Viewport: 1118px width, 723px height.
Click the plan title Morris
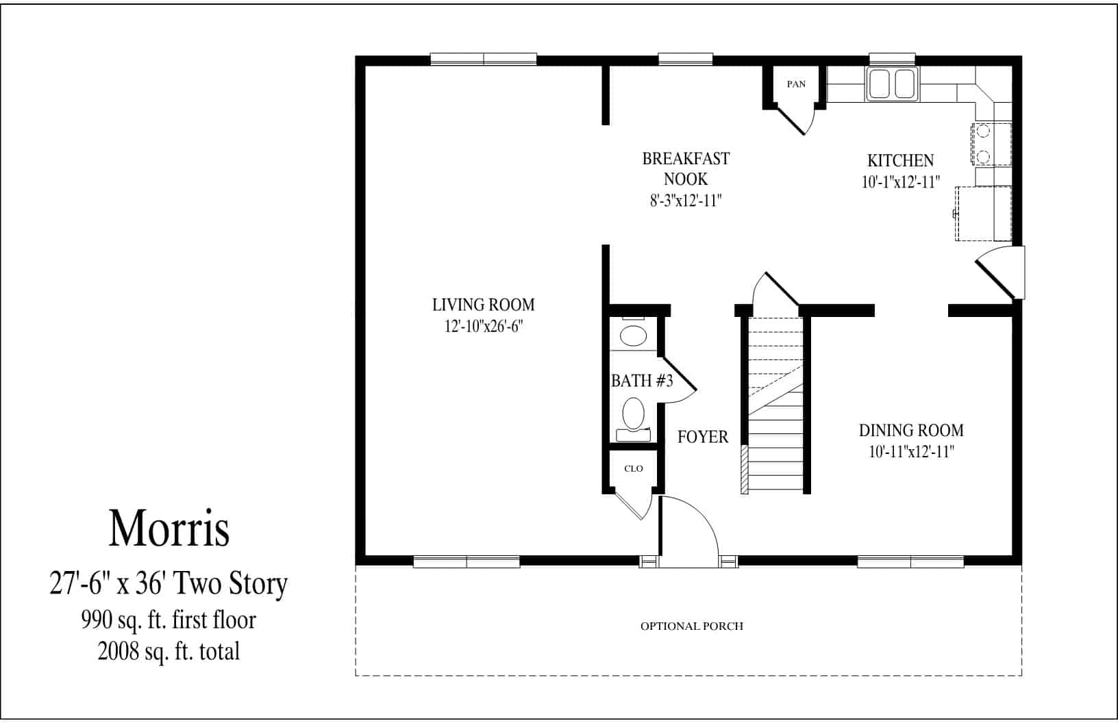click(169, 529)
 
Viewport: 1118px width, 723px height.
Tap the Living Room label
click(483, 305)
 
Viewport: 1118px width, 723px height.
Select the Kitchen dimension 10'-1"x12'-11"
click(900, 182)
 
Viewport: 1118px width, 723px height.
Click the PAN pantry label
click(796, 84)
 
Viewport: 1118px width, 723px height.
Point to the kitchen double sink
click(892, 84)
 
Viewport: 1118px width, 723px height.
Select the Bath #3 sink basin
click(633, 335)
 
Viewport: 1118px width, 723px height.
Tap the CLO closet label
click(634, 468)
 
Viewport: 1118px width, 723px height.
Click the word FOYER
click(703, 437)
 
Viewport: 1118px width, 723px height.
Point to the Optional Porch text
click(692, 626)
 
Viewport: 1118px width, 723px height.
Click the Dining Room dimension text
click(911, 452)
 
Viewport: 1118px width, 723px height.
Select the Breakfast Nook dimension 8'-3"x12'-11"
click(686, 201)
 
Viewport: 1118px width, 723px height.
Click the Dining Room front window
click(910, 562)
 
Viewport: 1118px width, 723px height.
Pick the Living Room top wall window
click(483, 60)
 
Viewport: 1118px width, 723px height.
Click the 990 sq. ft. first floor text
click(169, 620)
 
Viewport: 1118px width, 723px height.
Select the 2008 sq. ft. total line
click(169, 651)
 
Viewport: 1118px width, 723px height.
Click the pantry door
click(791, 120)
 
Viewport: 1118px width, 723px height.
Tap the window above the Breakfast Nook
click(685, 60)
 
